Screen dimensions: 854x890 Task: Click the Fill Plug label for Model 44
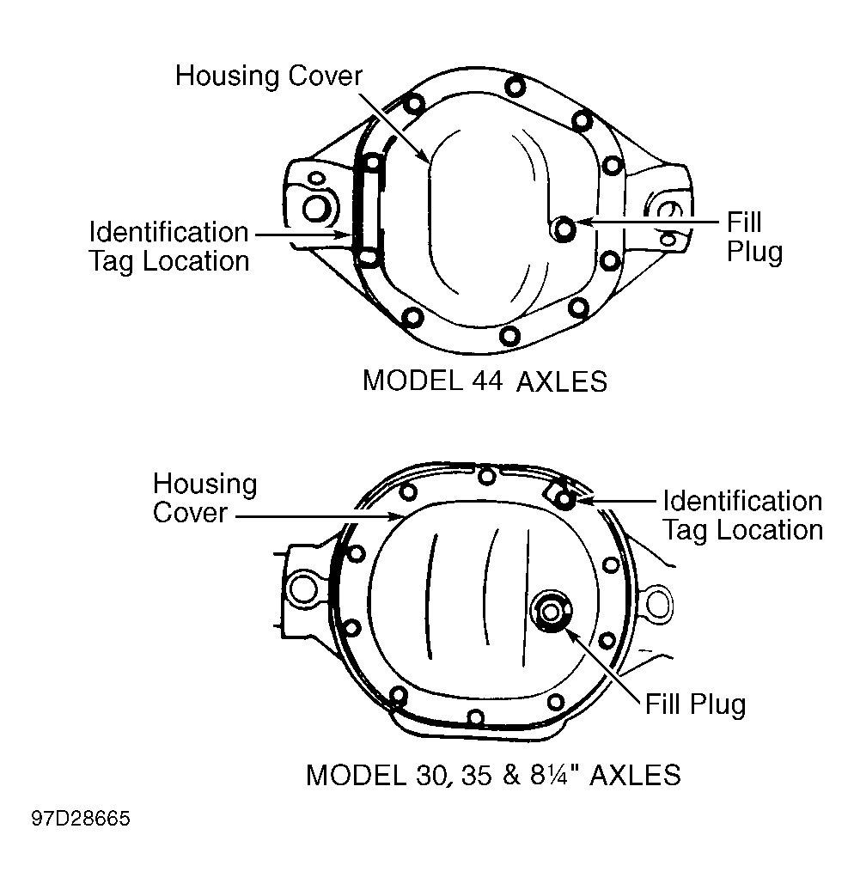point(754,237)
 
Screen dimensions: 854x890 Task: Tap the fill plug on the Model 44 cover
point(564,229)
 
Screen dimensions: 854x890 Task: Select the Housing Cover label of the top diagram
point(269,76)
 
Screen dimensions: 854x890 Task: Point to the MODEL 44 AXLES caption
point(485,381)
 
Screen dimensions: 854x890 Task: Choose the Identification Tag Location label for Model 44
point(169,247)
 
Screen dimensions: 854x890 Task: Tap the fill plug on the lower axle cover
point(550,612)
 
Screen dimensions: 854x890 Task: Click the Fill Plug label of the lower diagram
point(695,704)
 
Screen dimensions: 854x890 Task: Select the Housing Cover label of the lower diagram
point(205,497)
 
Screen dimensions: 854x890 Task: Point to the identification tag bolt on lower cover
point(564,499)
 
